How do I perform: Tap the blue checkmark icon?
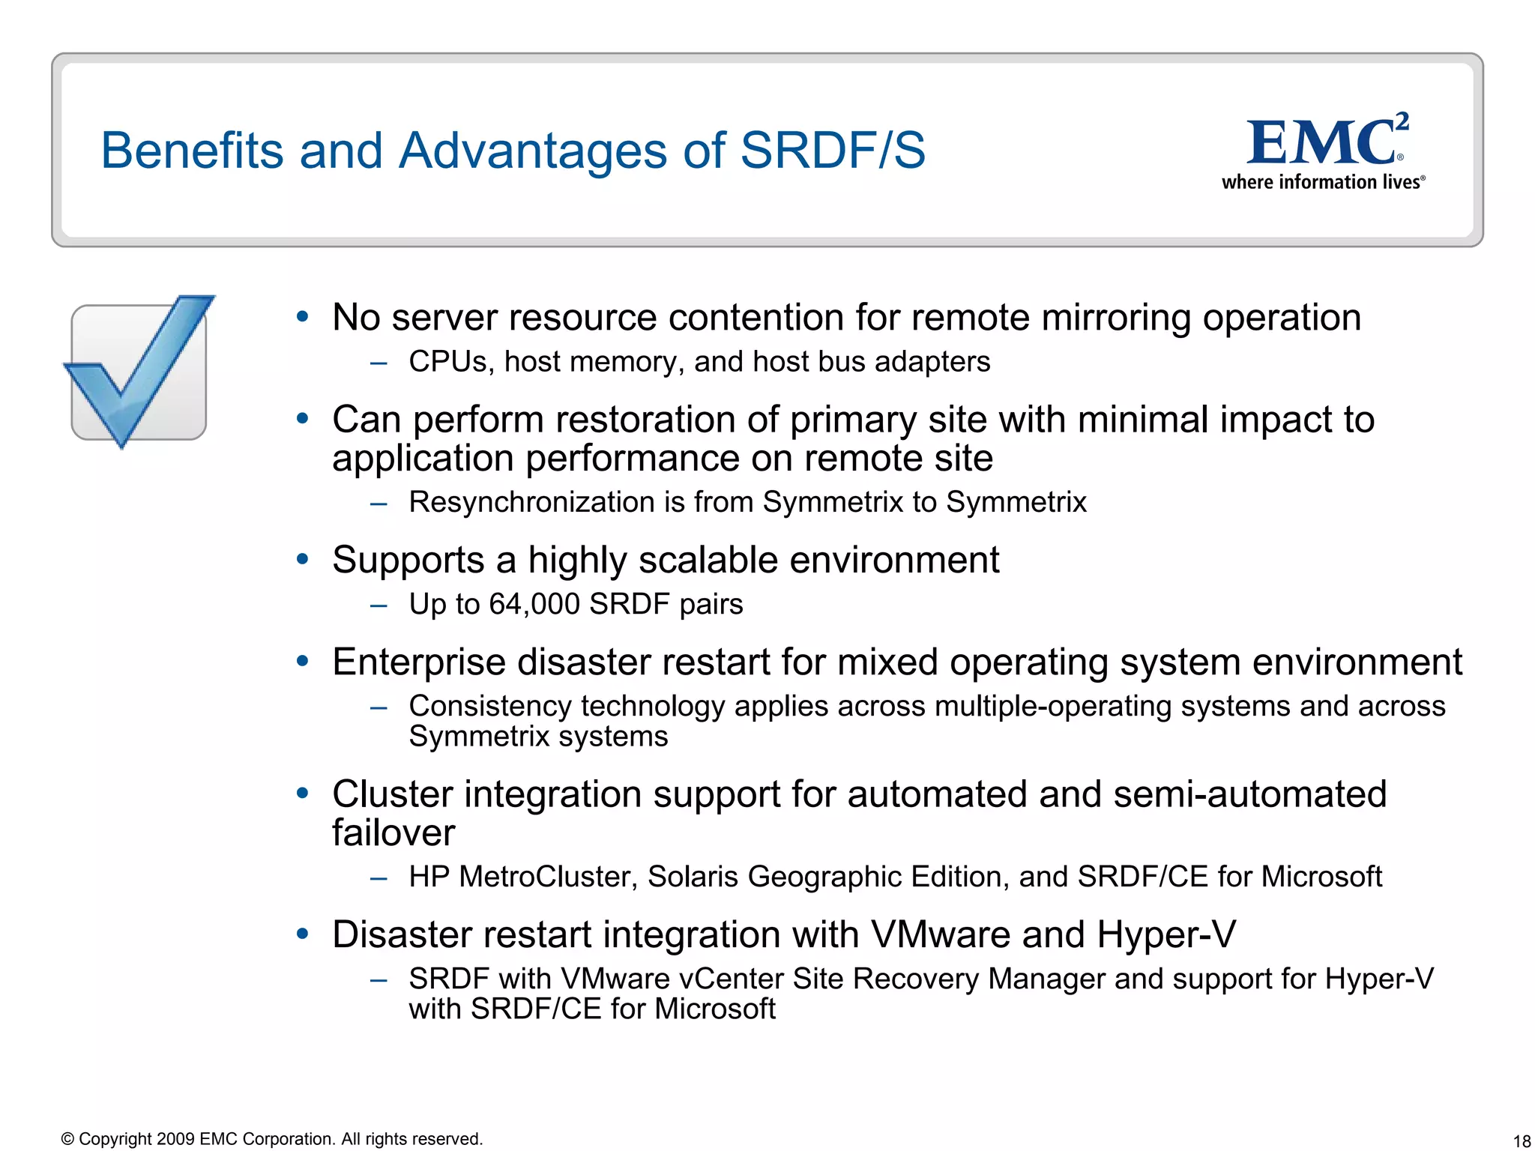coord(139,371)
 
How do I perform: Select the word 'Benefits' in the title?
coord(192,151)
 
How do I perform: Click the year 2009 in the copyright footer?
coord(176,1139)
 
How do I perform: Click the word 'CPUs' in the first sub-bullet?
coord(447,362)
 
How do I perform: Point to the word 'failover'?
coord(393,833)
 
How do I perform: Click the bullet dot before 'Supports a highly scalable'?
coord(303,559)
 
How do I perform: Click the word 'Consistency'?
coord(489,706)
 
